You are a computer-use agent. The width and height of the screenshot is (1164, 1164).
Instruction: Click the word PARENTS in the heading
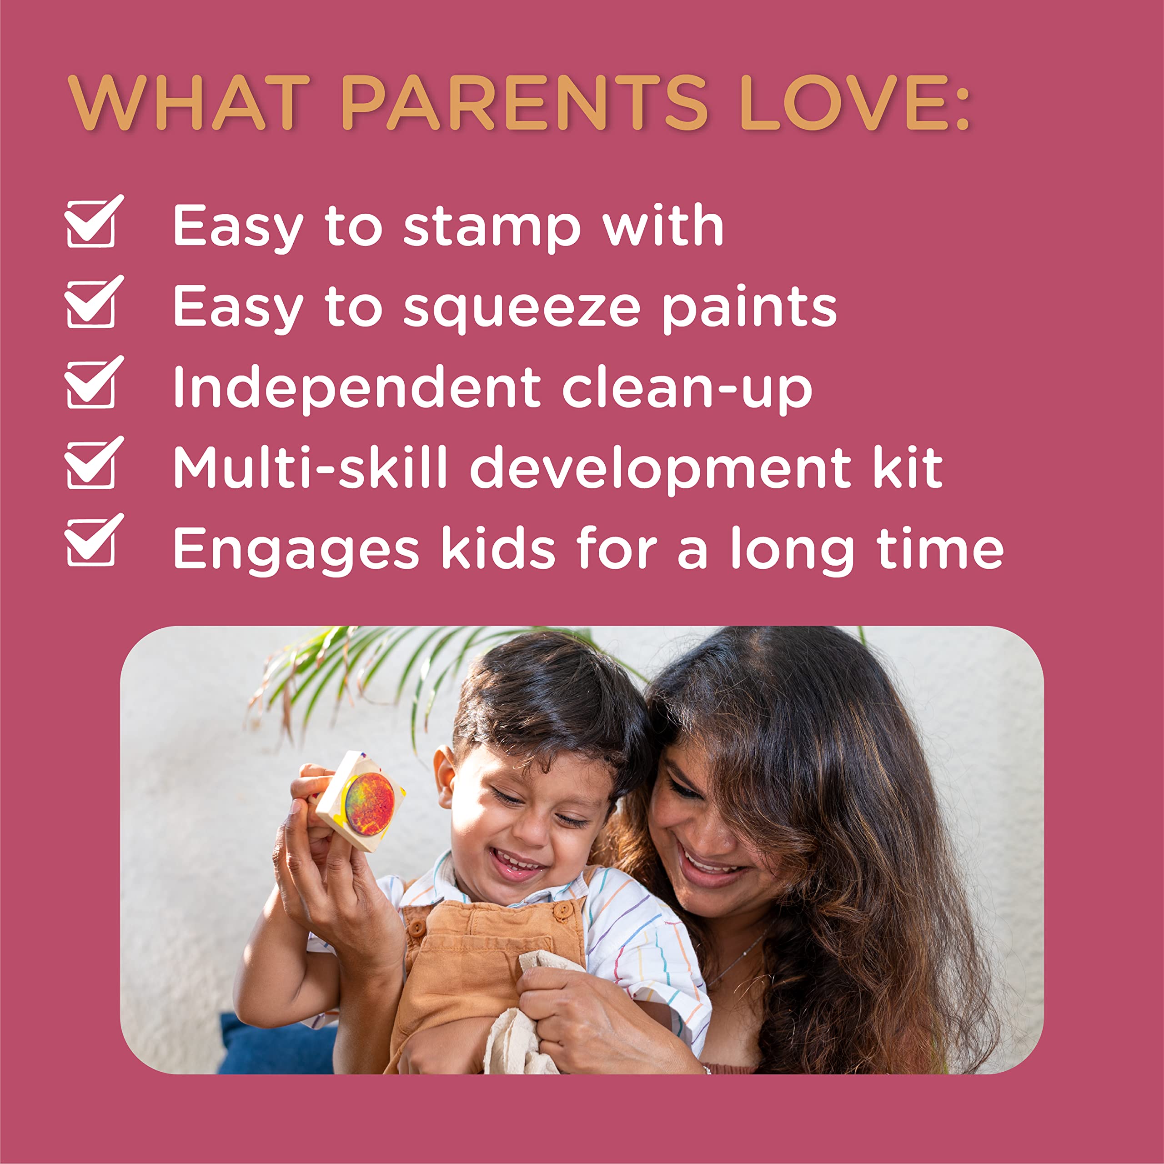(524, 102)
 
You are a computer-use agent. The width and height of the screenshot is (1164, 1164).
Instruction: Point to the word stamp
(492, 228)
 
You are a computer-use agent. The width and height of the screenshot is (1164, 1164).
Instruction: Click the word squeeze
(521, 308)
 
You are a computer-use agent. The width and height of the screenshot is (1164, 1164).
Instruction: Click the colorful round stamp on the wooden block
(369, 804)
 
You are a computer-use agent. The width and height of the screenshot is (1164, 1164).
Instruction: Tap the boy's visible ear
(445, 777)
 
